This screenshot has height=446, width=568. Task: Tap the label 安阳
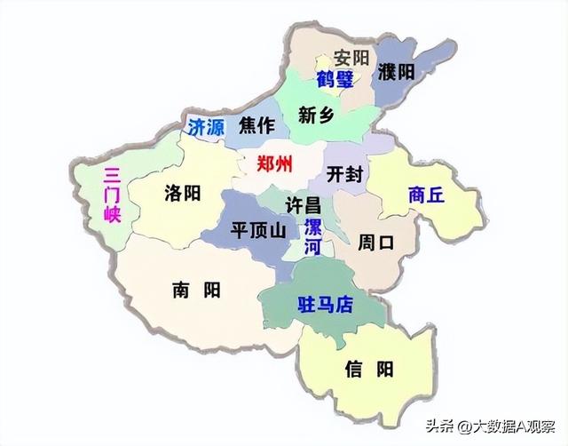pyautogui.click(x=351, y=58)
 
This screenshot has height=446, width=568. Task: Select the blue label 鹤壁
pyautogui.click(x=335, y=80)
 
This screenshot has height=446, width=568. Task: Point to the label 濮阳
pyautogui.click(x=396, y=72)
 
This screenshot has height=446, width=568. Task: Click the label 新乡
pyautogui.click(x=316, y=114)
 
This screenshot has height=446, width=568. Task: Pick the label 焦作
pyautogui.click(x=256, y=125)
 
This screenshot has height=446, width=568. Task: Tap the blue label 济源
pyautogui.click(x=205, y=125)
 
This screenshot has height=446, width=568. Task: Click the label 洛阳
pyautogui.click(x=183, y=193)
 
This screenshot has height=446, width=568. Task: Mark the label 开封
pyautogui.click(x=343, y=174)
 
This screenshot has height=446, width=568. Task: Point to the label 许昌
pyautogui.click(x=303, y=204)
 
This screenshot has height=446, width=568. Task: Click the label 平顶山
pyautogui.click(x=257, y=229)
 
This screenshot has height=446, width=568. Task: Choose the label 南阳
pyautogui.click(x=196, y=289)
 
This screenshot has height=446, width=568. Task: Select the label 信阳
pyautogui.click(x=369, y=369)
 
